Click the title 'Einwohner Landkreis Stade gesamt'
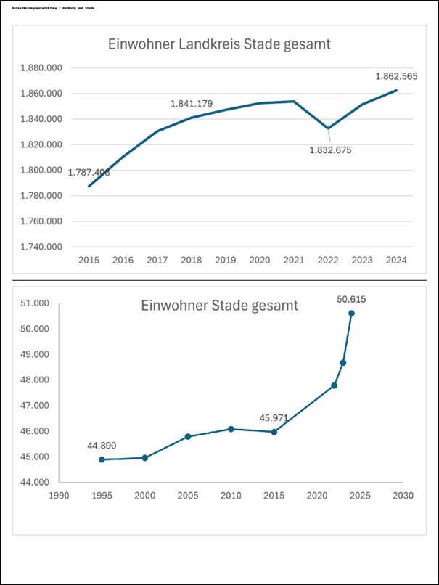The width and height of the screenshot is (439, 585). [x=219, y=44]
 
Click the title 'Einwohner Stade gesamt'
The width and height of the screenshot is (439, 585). [x=219, y=306]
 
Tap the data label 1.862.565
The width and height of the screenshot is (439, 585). [x=396, y=75]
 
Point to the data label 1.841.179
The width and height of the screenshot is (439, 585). [x=192, y=104]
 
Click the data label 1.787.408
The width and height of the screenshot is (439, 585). [x=89, y=172]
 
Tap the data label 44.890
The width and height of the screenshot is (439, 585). [x=102, y=445]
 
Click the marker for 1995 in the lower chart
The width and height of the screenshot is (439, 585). [x=102, y=459]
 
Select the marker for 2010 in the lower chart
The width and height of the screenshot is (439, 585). [x=231, y=429]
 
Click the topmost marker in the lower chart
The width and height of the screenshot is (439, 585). [x=351, y=313]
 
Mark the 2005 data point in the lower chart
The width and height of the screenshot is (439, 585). [x=188, y=436]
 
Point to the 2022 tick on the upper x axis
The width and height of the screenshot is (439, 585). [x=328, y=260]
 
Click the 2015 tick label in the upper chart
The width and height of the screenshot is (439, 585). [x=89, y=260]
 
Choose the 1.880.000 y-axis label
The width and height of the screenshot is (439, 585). [x=41, y=68]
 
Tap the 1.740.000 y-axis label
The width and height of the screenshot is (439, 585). [x=41, y=247]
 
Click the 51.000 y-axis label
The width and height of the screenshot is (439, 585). [x=34, y=303]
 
